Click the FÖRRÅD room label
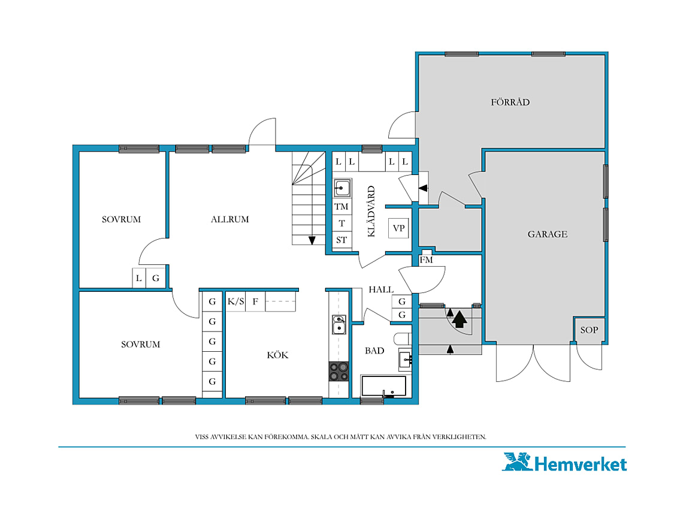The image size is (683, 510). (x=510, y=102)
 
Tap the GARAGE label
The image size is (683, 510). (x=548, y=234)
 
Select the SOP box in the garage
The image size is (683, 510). (x=589, y=330)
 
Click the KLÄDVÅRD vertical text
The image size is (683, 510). (x=371, y=212)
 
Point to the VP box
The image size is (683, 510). (x=398, y=228)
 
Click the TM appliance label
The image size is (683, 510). (x=341, y=207)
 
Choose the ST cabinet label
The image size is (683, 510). (x=341, y=240)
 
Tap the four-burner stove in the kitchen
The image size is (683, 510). (x=339, y=372)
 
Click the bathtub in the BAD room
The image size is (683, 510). (x=384, y=386)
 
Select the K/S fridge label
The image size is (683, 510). (x=235, y=301)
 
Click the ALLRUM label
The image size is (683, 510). (x=230, y=219)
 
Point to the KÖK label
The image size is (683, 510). (x=277, y=355)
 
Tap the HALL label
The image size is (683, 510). (x=381, y=289)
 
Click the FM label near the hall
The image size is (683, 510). (x=426, y=260)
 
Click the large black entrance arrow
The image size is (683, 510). (x=460, y=319)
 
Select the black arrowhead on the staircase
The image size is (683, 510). (x=312, y=240)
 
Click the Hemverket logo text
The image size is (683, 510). (x=581, y=464)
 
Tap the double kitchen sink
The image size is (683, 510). (x=339, y=325)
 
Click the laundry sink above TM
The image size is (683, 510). (x=342, y=188)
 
